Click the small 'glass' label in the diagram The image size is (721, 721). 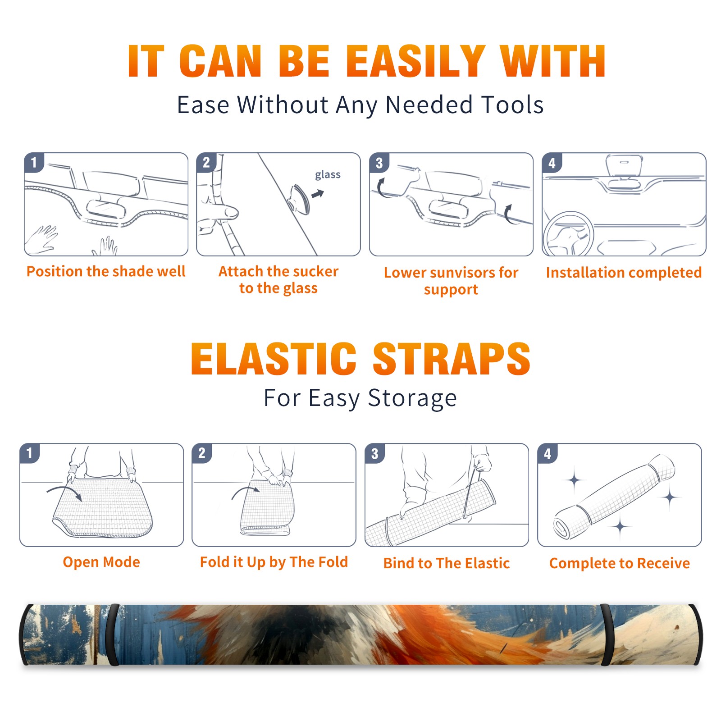click(x=328, y=175)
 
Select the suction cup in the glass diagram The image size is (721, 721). click(x=299, y=199)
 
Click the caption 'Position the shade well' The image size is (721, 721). click(x=106, y=271)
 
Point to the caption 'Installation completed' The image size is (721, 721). click(x=624, y=273)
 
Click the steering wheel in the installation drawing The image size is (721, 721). click(x=568, y=234)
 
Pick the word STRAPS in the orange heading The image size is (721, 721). click(x=452, y=359)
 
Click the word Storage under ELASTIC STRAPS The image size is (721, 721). click(x=412, y=398)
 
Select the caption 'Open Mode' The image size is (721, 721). click(x=101, y=562)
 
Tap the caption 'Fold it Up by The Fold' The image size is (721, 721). click(x=274, y=562)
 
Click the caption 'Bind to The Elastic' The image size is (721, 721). click(x=447, y=563)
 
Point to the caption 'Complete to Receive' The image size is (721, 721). click(x=620, y=563)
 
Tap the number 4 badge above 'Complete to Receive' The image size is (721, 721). click(x=548, y=453)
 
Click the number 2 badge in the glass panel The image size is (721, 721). click(x=206, y=163)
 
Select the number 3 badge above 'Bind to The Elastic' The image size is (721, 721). click(x=374, y=453)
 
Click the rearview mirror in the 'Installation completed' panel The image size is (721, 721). click(x=624, y=165)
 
